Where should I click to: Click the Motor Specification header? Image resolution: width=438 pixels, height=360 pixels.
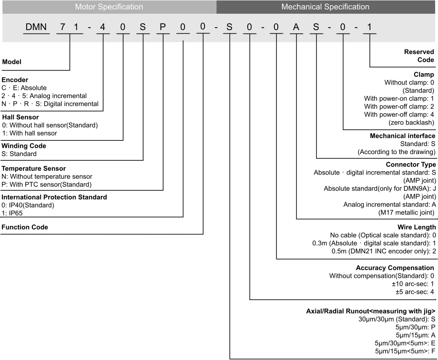pyautogui.click(x=109, y=7)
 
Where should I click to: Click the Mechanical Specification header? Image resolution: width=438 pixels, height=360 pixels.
pyautogui.click(x=325, y=7)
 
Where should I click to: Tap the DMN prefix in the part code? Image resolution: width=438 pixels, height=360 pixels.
pyautogui.click(x=36, y=27)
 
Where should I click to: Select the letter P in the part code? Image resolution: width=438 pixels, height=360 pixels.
pyautogui.click(x=163, y=27)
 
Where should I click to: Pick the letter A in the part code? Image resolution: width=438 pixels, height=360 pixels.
pyautogui.click(x=296, y=27)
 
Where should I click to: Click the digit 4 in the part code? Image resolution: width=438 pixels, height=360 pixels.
pyautogui.click(x=103, y=27)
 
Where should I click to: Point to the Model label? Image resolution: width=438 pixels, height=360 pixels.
pyautogui.click(x=12, y=62)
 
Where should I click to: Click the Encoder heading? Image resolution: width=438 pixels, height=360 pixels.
pyautogui.click(x=15, y=80)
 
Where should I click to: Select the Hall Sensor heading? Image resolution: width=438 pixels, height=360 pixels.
pyautogui.click(x=20, y=117)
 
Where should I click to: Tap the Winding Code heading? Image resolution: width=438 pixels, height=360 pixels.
pyautogui.click(x=24, y=146)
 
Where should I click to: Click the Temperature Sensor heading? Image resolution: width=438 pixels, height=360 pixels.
pyautogui.click(x=33, y=168)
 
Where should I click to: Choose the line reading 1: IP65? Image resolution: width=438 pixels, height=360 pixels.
pyautogui.click(x=12, y=213)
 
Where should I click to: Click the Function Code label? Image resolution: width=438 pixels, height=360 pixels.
pyautogui.click(x=25, y=227)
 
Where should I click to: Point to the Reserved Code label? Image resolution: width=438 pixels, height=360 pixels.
pyautogui.click(x=419, y=56)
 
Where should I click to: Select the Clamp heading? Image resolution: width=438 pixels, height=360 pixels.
pyautogui.click(x=424, y=75)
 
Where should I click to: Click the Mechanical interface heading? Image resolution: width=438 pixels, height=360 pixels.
pyautogui.click(x=402, y=136)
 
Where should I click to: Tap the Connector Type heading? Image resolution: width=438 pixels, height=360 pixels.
pyautogui.click(x=410, y=165)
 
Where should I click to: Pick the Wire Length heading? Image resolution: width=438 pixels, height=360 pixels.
pyautogui.click(x=417, y=227)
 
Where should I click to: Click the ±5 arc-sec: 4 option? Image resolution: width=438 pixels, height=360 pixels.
pyautogui.click(x=415, y=292)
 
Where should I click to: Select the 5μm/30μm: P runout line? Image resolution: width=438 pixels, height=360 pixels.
pyautogui.click(x=415, y=327)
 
